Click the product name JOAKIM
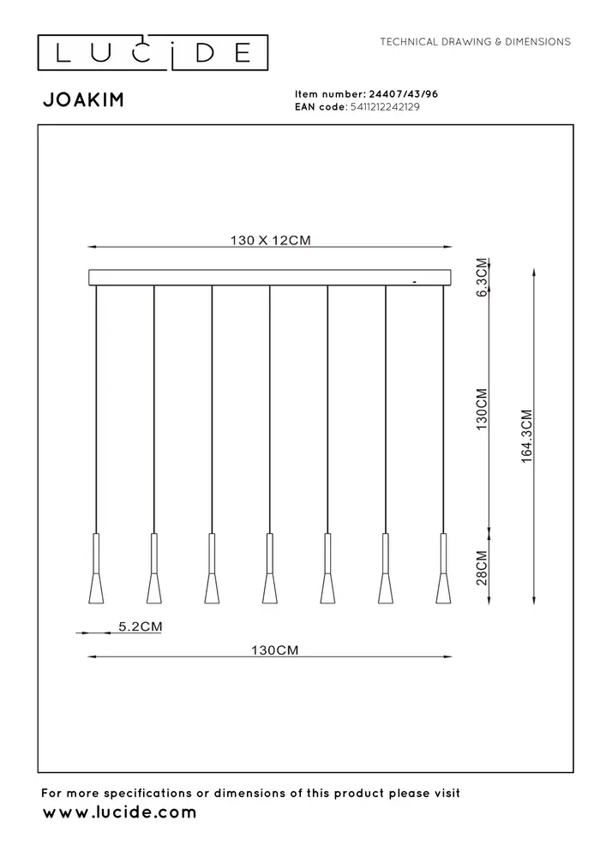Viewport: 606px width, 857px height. coord(83,100)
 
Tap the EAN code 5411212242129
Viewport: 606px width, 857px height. coord(383,107)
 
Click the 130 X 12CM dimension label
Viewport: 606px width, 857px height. coord(270,241)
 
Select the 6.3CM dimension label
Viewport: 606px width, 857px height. coord(482,277)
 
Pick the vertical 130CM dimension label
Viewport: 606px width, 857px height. coord(482,407)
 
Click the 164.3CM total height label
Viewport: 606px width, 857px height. coord(527,435)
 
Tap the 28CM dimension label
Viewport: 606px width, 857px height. coord(482,567)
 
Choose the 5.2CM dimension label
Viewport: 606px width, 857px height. coord(139,626)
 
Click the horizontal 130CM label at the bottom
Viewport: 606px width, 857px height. coord(270,650)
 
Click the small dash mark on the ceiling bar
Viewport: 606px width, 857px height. coord(414,280)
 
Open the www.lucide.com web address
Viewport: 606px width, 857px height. coord(119,812)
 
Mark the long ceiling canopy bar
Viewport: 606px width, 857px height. coord(270,278)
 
